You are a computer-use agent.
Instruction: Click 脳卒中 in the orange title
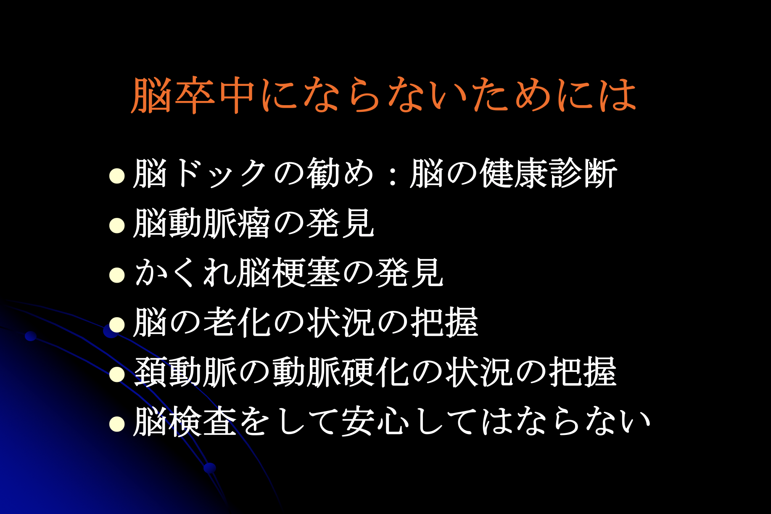click(x=193, y=95)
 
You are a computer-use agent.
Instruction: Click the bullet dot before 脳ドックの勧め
click(x=117, y=176)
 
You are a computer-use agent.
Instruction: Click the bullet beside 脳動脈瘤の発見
click(x=117, y=225)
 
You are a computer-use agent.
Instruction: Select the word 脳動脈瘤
click(x=201, y=223)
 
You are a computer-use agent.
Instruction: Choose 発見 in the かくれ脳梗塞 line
click(x=410, y=273)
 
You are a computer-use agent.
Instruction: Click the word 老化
click(x=237, y=322)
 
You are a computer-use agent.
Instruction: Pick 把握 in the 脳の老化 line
click(x=445, y=322)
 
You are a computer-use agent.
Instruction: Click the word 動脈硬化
click(x=341, y=372)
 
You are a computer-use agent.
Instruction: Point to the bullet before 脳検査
click(x=117, y=424)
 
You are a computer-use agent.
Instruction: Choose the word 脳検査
click(x=185, y=421)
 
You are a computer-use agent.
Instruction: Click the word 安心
click(x=375, y=421)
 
